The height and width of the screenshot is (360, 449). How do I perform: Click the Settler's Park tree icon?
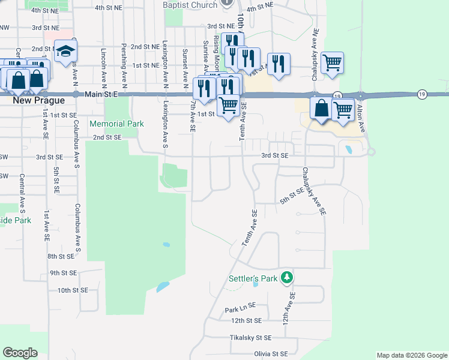[288, 278]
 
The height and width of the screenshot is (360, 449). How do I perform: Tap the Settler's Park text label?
[253, 278]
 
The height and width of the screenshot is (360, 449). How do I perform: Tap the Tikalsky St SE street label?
[251, 338]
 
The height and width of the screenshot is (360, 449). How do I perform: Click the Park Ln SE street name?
[240, 310]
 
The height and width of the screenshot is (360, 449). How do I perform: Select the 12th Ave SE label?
[292, 305]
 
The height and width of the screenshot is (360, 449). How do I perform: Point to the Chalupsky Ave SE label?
[313, 191]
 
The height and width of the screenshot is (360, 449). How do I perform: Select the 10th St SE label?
[73, 290]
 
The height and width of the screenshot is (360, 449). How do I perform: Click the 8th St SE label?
[61, 256]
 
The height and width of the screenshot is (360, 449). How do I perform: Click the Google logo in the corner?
[20, 353]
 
